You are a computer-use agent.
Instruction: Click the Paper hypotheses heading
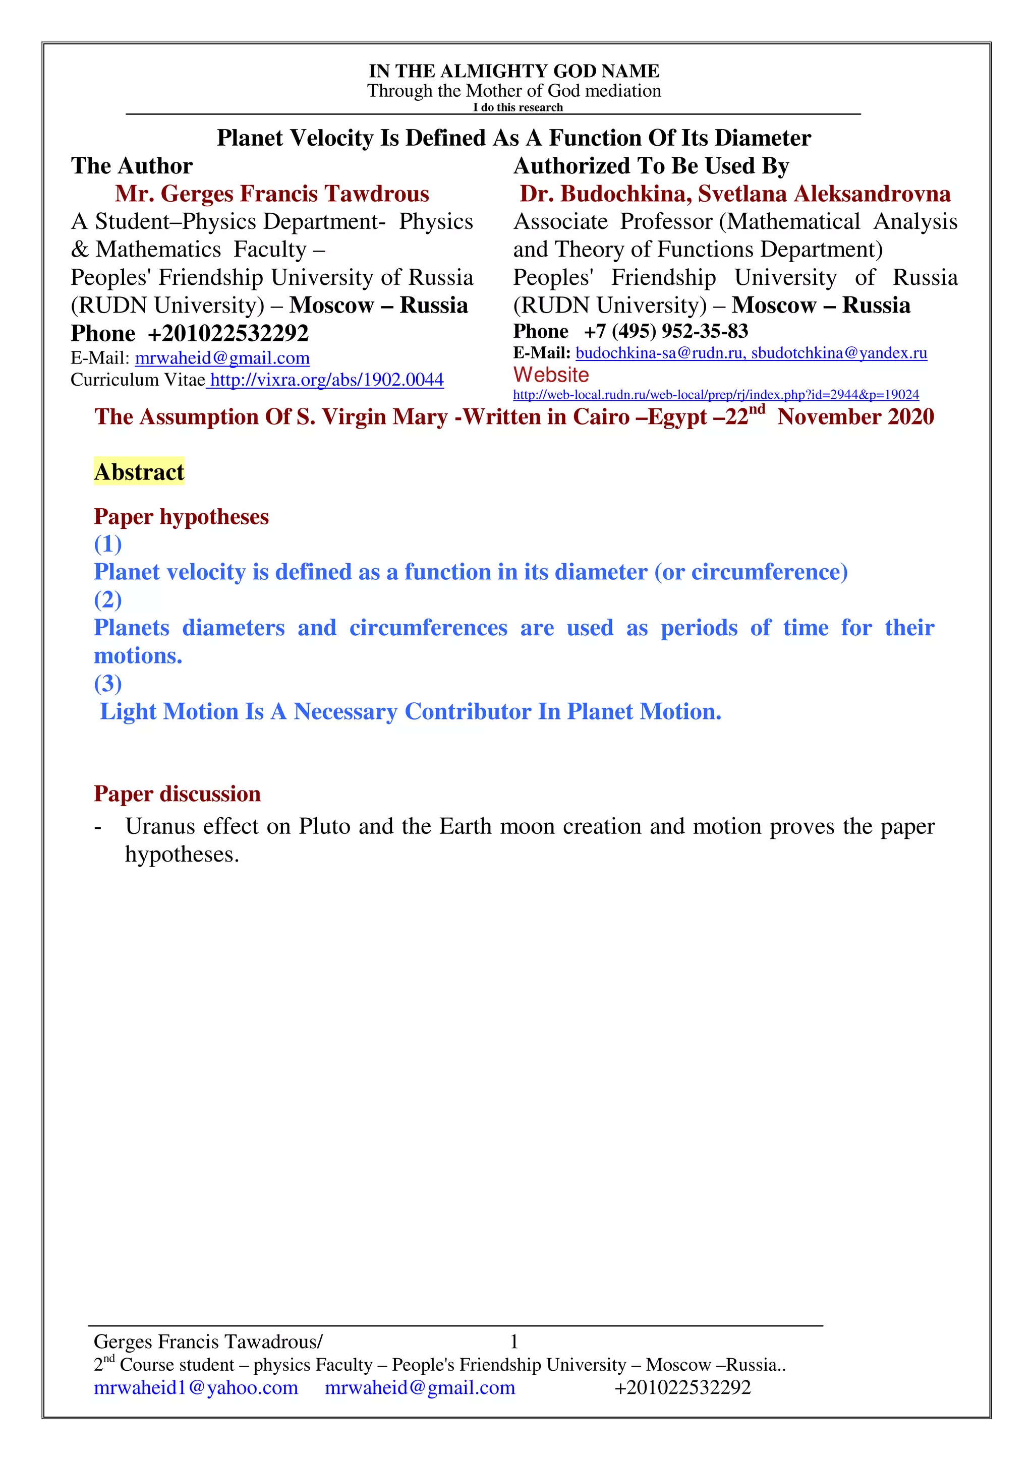pos(182,517)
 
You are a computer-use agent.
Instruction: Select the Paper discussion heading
pos(177,794)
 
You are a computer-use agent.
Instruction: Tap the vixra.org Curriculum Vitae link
pos(326,380)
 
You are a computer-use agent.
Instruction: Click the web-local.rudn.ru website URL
pos(715,395)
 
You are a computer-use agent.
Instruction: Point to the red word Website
pos(551,375)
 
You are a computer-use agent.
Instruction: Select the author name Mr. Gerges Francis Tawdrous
pos(272,194)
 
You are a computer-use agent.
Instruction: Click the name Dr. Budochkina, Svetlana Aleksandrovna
pos(734,194)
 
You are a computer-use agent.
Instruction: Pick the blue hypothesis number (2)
pos(107,599)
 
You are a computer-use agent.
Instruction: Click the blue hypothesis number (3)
pos(107,684)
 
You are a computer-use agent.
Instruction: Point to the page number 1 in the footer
pos(514,1342)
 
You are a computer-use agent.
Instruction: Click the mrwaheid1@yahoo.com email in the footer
pos(196,1387)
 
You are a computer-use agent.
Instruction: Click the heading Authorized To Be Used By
pos(651,166)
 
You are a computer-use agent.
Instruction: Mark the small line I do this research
pos(518,107)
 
